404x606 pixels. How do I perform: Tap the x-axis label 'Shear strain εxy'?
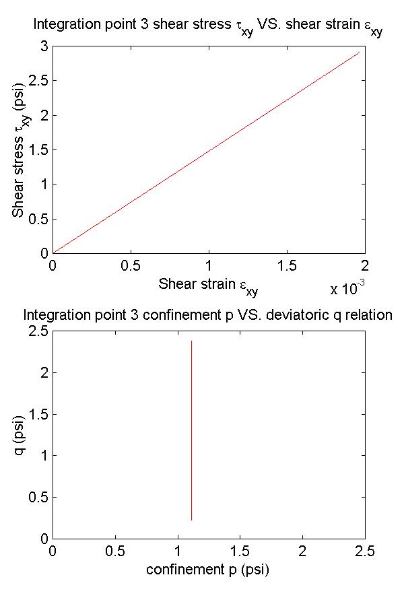(208, 285)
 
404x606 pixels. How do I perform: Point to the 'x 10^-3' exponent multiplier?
(347, 289)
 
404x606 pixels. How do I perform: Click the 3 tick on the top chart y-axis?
(43, 46)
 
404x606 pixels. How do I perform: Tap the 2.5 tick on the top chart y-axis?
(38, 80)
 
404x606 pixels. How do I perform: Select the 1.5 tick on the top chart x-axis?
(287, 265)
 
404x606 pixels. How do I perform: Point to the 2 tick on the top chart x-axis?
(365, 265)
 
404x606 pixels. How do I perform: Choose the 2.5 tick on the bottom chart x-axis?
(365, 551)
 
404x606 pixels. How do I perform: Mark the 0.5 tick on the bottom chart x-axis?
(115, 551)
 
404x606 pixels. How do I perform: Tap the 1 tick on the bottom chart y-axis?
(43, 456)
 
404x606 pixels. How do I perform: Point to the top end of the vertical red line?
(192, 341)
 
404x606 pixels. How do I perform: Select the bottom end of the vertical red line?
(192, 520)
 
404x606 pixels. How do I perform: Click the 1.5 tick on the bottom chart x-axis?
(240, 551)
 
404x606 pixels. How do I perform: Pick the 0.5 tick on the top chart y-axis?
(38, 218)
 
